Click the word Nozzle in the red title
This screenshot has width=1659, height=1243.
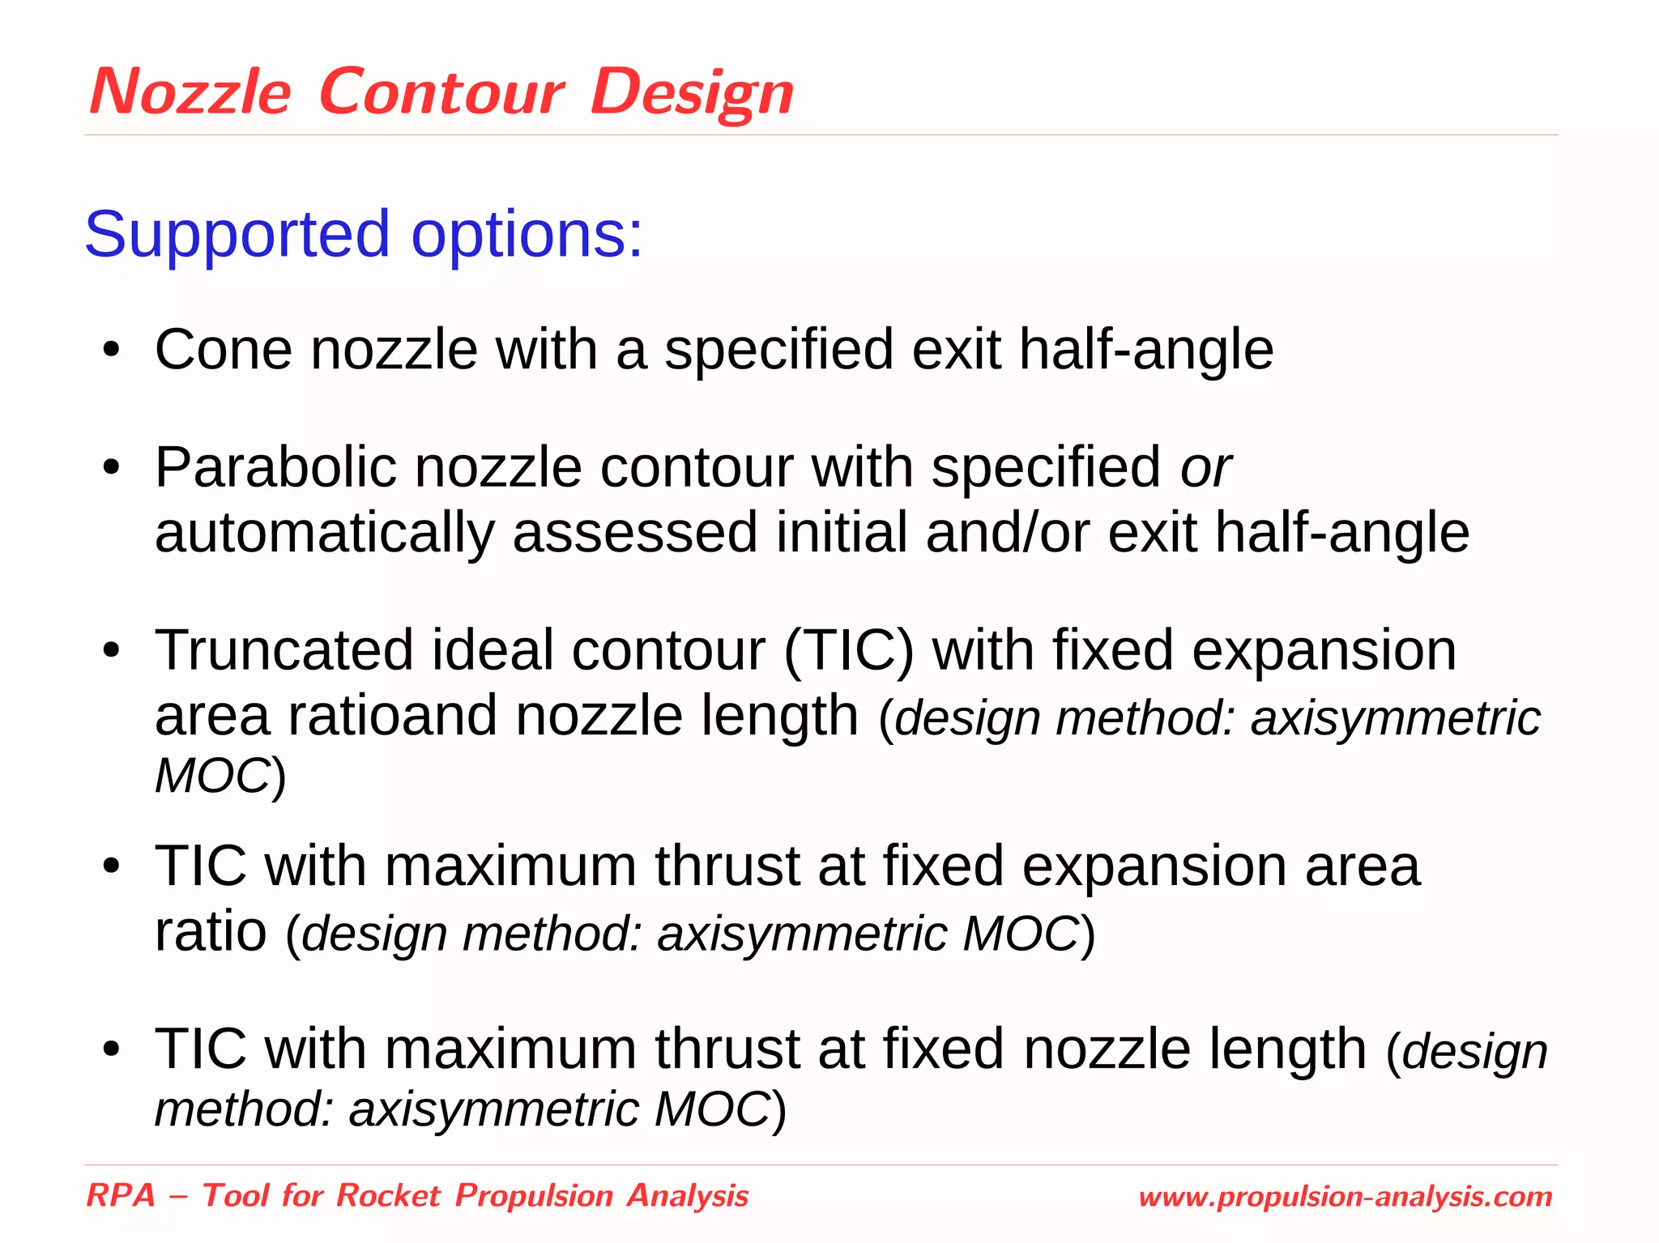tap(190, 92)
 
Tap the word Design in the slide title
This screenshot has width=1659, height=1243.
tap(692, 92)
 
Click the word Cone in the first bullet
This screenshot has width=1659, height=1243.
tap(224, 350)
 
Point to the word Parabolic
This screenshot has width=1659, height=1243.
tap(275, 468)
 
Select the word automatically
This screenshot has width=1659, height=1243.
tap(324, 533)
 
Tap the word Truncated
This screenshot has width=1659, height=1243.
tap(284, 650)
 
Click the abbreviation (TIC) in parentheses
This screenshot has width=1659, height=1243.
tap(848, 651)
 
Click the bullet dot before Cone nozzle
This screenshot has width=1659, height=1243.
tap(111, 351)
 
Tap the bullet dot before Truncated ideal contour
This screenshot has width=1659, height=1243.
tap(111, 651)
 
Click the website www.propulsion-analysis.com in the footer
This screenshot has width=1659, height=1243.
tap(1345, 1197)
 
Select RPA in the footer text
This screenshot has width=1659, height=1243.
tap(121, 1196)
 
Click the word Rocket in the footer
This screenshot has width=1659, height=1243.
tap(388, 1196)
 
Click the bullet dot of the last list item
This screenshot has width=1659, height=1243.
tap(111, 1050)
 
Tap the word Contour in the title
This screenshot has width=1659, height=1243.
tap(441, 92)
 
